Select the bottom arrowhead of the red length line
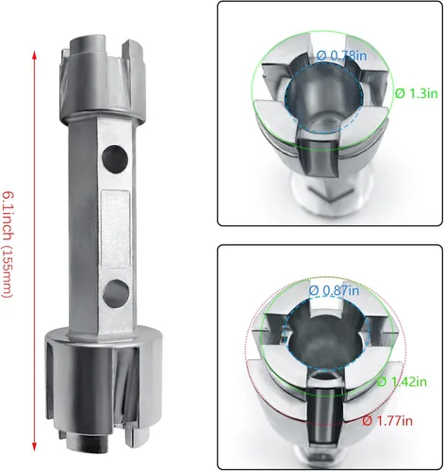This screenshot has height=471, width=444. click(35, 442)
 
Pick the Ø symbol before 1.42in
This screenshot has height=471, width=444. click(382, 382)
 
